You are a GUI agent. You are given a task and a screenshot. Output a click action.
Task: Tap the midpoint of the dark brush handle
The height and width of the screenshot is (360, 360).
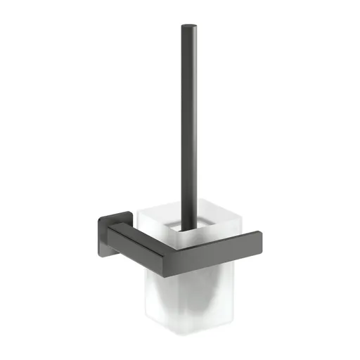click(188, 127)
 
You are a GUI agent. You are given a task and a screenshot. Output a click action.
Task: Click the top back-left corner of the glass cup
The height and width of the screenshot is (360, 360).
click(139, 206)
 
